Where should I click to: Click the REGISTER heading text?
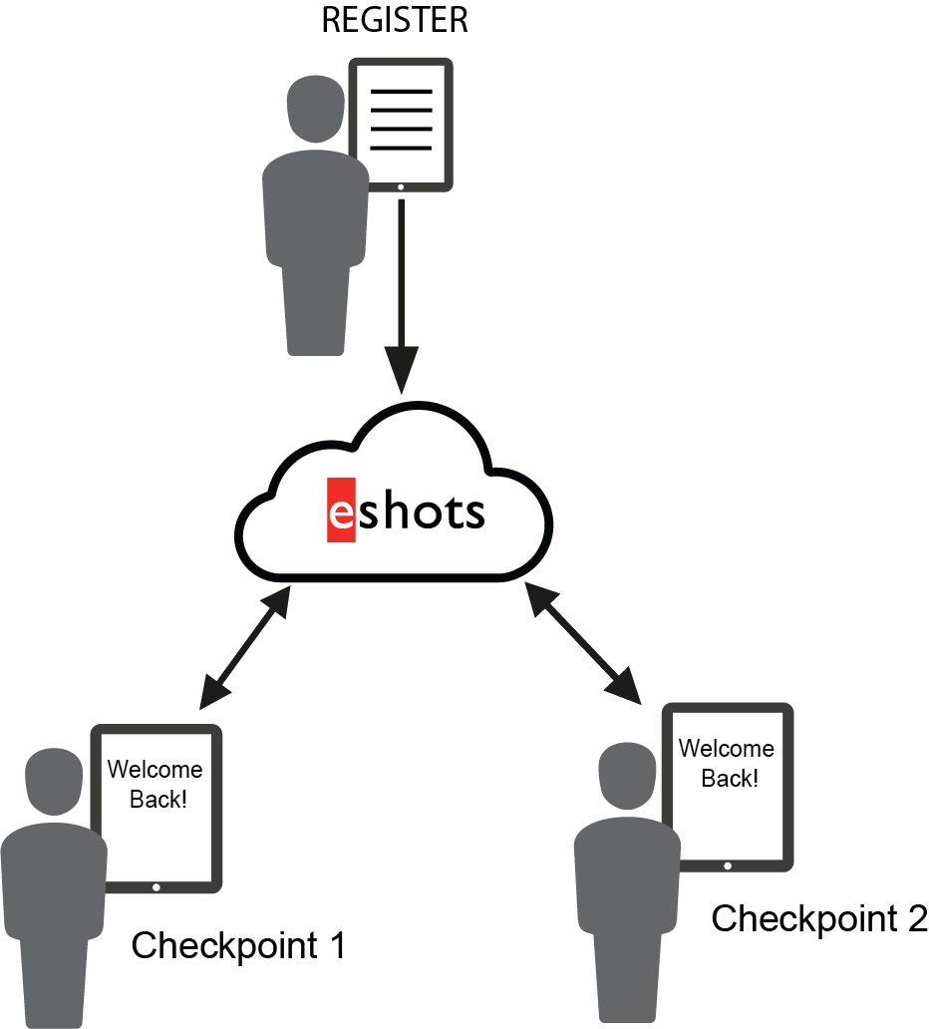coord(394,21)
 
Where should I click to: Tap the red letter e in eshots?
coord(341,512)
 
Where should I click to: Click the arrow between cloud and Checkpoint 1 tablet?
coord(245,647)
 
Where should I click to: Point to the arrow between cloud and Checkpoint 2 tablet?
coord(582,642)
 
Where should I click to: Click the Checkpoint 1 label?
coord(238,945)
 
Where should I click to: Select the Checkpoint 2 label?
coord(818,918)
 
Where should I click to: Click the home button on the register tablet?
coord(401,186)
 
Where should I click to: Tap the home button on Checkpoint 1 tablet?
coord(155,886)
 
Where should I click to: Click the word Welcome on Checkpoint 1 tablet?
coord(155,770)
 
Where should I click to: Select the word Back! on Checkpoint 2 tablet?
coord(728,779)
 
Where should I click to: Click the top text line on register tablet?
coord(401,92)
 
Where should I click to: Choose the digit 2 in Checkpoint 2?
coord(916,918)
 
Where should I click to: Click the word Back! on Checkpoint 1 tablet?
coord(156,800)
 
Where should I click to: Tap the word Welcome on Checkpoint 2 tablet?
coord(726,749)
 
